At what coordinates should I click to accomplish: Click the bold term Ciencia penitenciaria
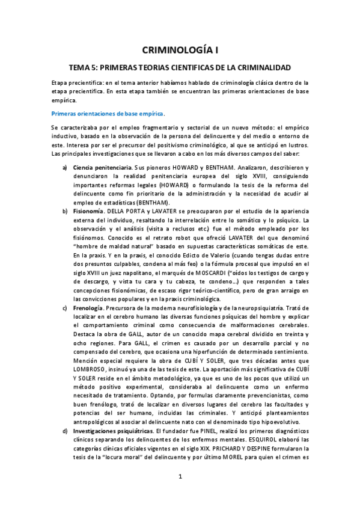click(x=100, y=166)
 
